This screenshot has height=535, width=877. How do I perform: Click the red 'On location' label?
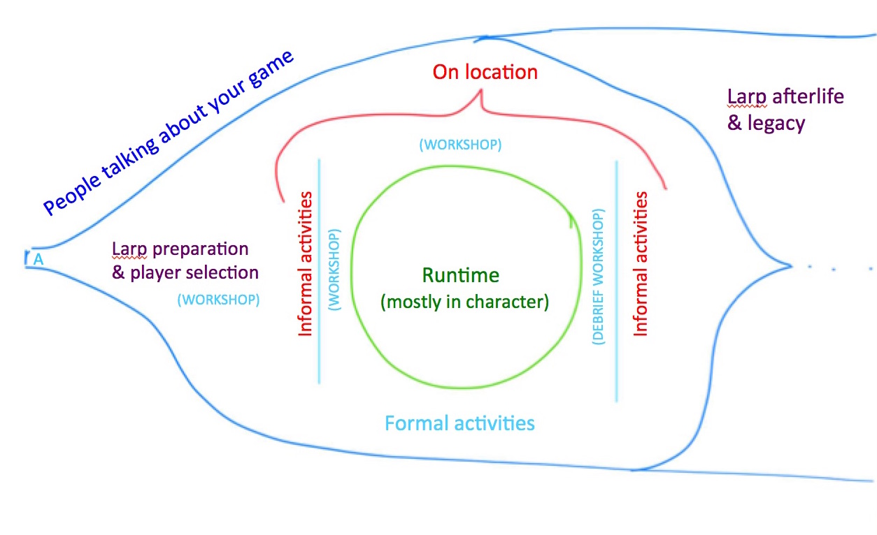click(485, 72)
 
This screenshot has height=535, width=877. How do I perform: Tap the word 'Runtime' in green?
click(460, 275)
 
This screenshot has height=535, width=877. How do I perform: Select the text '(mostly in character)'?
click(464, 302)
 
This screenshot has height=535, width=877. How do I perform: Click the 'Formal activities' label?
click(459, 423)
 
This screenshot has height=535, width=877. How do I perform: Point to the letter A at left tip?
click(39, 259)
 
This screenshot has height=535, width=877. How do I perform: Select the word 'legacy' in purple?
click(775, 124)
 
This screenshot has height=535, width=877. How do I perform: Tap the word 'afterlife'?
click(808, 96)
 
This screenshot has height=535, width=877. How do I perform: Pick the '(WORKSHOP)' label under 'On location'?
click(460, 145)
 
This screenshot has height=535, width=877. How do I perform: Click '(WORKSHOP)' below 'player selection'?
click(218, 300)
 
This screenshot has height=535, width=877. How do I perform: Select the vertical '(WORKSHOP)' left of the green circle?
click(334, 270)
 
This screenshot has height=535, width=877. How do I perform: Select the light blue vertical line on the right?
click(616, 279)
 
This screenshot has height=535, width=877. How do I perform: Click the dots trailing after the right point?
click(839, 267)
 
